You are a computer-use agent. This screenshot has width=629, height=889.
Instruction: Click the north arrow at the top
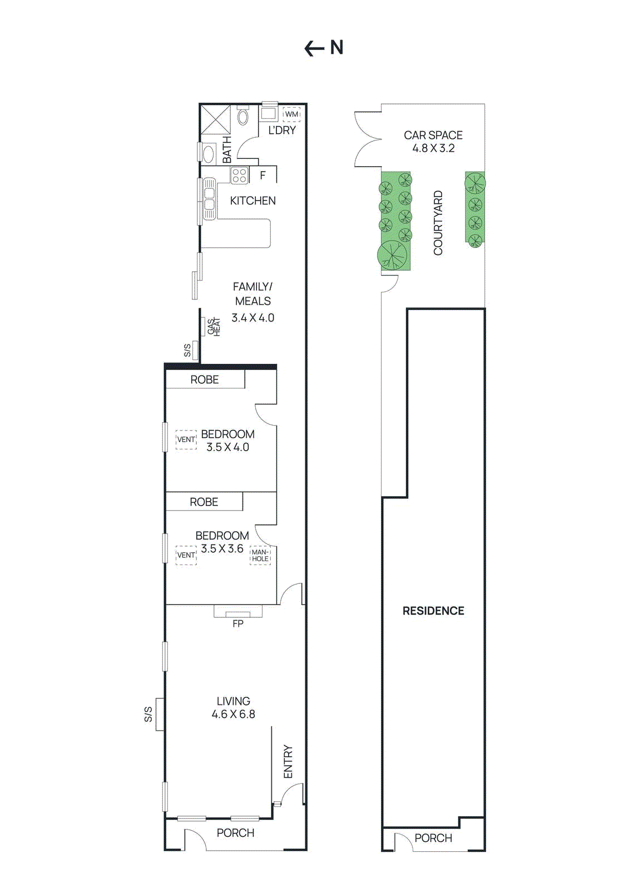pyautogui.click(x=315, y=49)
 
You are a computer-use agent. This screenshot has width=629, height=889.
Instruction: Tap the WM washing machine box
pyautogui.click(x=291, y=114)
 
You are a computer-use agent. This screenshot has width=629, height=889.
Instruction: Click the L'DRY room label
pyautogui.click(x=282, y=130)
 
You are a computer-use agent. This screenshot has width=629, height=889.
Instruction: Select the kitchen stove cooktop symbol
pyautogui.click(x=240, y=176)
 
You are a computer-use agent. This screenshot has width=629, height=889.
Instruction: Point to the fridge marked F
pyautogui.click(x=263, y=175)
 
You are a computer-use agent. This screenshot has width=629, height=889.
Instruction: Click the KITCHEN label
pyautogui.click(x=252, y=201)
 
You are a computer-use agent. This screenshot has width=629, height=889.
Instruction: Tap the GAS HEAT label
pyautogui.click(x=214, y=327)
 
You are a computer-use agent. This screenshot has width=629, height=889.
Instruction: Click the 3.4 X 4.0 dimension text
pyautogui.click(x=252, y=318)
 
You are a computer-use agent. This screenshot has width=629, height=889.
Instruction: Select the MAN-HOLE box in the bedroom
pyautogui.click(x=260, y=556)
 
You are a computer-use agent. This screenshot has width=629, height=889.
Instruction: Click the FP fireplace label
pyautogui.click(x=238, y=623)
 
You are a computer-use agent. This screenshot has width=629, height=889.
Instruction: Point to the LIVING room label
pyautogui.click(x=234, y=701)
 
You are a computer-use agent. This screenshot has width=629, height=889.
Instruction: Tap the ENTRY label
pyautogui.click(x=288, y=761)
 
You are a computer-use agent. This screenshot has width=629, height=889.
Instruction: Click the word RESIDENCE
pyautogui.click(x=433, y=611)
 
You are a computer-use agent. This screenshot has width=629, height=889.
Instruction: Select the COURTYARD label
pyautogui.click(x=438, y=223)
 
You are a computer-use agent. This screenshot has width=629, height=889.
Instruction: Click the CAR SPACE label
pyautogui.click(x=433, y=135)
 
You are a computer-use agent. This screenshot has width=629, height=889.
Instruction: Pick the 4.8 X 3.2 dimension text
pyautogui.click(x=433, y=148)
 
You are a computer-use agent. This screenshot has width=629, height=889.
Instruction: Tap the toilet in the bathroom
pyautogui.click(x=243, y=117)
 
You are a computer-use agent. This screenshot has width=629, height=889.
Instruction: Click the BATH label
pyautogui.click(x=227, y=150)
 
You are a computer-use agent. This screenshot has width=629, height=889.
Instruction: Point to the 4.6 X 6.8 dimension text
pyautogui.click(x=234, y=715)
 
